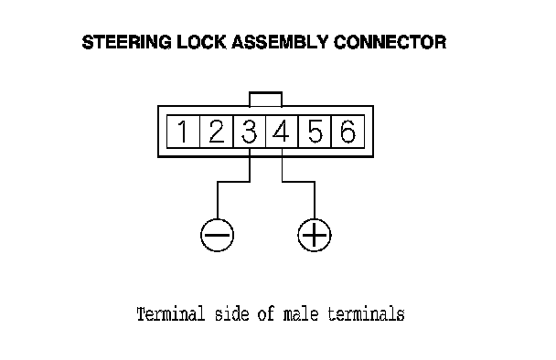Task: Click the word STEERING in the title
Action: click(x=126, y=42)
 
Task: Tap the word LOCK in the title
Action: click(x=201, y=42)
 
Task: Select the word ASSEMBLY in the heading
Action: click(x=280, y=42)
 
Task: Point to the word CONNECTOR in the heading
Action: click(x=390, y=42)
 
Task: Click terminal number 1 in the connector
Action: click(x=183, y=131)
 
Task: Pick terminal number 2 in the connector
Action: click(x=217, y=131)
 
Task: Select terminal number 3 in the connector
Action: click(x=250, y=131)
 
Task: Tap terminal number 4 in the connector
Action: click(x=282, y=131)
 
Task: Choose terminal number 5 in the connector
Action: click(x=315, y=131)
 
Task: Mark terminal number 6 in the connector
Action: click(x=347, y=131)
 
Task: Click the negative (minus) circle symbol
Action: click(x=218, y=235)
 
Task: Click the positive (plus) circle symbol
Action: click(x=315, y=235)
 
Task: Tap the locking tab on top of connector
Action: click(x=265, y=92)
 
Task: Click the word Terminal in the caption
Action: click(x=171, y=314)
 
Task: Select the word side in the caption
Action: click(x=232, y=314)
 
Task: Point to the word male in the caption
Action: click(x=301, y=314)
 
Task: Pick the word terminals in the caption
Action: click(x=366, y=314)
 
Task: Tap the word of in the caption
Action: click(x=266, y=314)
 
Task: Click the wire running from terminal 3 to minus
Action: click(x=234, y=182)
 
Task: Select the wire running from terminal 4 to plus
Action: click(x=298, y=182)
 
